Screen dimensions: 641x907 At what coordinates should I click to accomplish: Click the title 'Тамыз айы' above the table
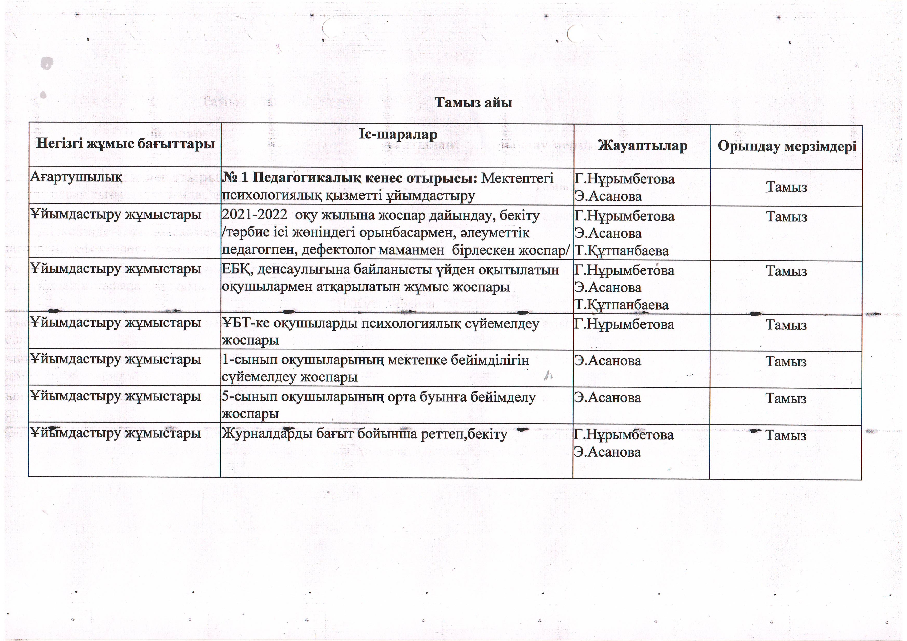[x=473, y=103]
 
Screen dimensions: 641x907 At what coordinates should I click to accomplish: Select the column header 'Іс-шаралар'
[x=398, y=135]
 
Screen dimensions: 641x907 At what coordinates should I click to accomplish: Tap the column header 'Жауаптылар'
[x=642, y=146]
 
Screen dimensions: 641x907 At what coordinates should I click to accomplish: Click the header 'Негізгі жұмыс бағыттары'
[x=125, y=143]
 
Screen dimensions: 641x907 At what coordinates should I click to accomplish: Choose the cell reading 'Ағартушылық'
[x=76, y=177]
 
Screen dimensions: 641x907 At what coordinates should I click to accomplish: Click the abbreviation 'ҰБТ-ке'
[x=246, y=324]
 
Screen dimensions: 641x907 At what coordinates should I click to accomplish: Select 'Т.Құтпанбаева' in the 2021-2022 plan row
[x=621, y=251]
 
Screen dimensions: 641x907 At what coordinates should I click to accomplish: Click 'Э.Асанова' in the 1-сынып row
[x=608, y=361]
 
